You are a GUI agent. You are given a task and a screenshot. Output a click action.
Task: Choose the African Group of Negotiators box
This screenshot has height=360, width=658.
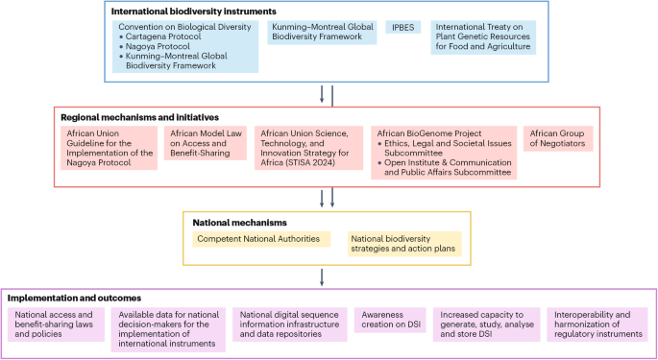[559, 138]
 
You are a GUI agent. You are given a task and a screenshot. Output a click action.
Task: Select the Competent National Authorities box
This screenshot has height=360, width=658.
[256, 238]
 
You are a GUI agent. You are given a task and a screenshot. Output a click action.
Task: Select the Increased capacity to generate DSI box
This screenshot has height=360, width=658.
[484, 324]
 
